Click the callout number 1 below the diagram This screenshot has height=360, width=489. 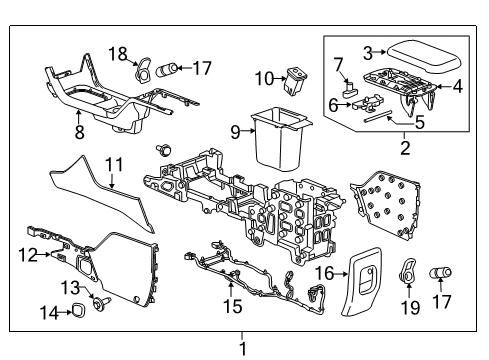point(241,349)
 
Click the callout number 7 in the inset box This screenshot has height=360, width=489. point(338,65)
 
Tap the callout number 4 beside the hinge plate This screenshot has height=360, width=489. point(456,86)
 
